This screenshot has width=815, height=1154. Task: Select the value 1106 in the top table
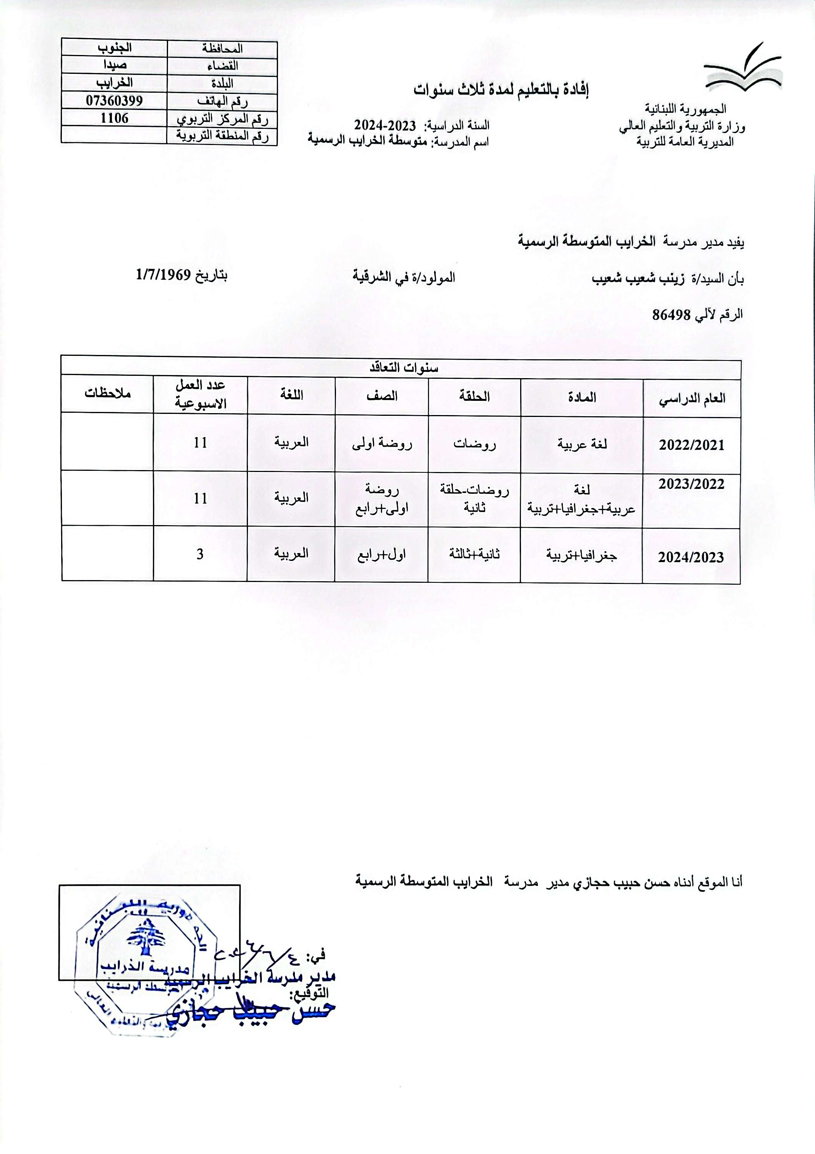pos(115,118)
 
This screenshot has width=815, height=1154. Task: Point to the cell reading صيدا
pos(115,65)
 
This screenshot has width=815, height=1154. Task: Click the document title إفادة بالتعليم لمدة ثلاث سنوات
pos(501,90)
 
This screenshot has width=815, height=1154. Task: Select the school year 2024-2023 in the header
pos(385,125)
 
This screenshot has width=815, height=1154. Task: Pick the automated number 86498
pos(672,315)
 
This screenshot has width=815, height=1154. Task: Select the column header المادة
pos(582,397)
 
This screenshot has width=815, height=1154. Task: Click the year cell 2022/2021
pos(692,445)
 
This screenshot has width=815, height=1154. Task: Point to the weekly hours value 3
pos(200,554)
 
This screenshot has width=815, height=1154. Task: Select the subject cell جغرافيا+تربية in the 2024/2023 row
pos(581,555)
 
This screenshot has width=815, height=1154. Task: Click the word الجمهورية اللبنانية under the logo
pos(685,108)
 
